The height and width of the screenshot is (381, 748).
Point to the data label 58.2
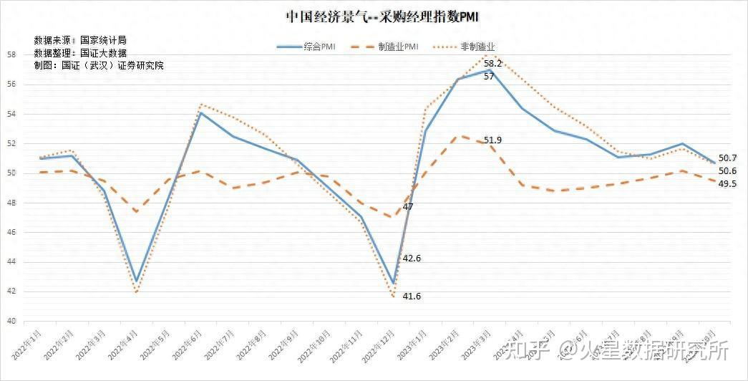click(494, 64)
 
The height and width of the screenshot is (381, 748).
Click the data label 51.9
click(492, 140)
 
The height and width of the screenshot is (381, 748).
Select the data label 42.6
click(412, 258)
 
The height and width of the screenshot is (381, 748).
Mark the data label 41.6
click(412, 296)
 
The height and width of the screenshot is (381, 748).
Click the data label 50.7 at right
click(727, 158)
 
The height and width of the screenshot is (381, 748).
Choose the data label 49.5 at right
click(727, 184)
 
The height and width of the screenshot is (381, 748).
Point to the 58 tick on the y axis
click(11, 54)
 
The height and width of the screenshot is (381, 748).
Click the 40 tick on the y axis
click(11, 321)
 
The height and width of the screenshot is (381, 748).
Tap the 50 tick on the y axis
click(11, 173)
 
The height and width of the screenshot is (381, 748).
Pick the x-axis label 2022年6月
click(188, 347)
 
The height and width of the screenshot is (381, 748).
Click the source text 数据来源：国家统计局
click(80, 40)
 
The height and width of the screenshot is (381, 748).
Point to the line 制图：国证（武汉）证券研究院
click(99, 65)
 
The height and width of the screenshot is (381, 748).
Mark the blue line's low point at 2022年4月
click(136, 281)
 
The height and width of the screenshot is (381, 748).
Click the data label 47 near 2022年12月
click(408, 207)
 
